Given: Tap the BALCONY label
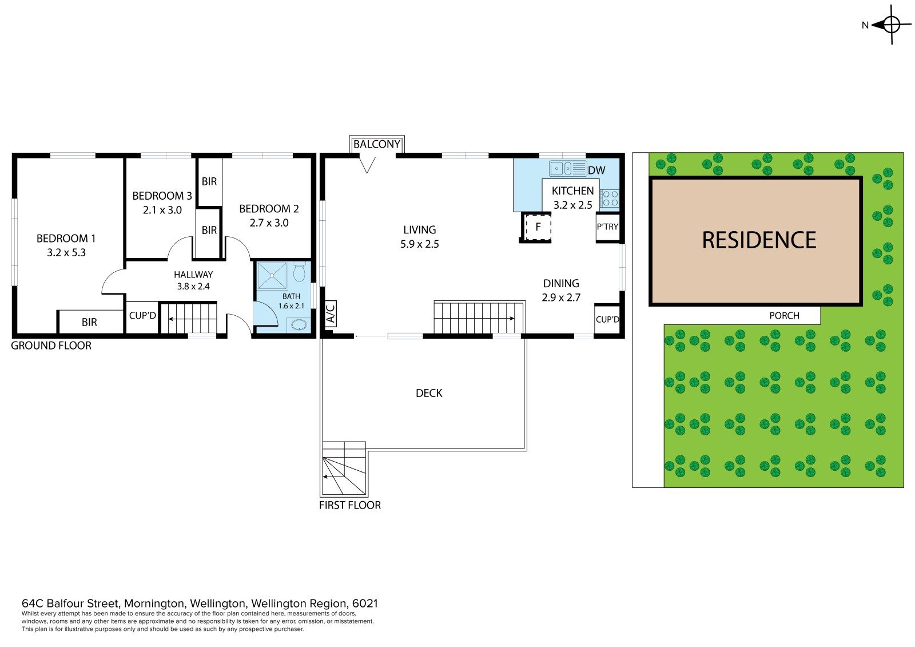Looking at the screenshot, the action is (377, 144).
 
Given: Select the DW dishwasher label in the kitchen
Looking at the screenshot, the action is (596, 170).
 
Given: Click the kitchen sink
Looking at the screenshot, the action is (568, 168).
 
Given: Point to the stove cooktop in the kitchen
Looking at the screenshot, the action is (610, 199).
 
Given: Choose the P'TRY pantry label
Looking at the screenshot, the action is (607, 227).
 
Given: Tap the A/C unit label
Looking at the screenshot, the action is (331, 314).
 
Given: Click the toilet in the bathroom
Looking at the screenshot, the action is (299, 272).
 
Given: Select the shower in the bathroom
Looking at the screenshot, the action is (272, 276).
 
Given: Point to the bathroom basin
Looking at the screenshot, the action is (299, 325).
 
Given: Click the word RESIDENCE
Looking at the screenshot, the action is (759, 240).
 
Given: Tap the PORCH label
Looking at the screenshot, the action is (784, 316).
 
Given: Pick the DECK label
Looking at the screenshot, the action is (429, 393).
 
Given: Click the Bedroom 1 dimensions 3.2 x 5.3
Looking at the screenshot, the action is (66, 253).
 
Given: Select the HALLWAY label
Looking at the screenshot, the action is (193, 275).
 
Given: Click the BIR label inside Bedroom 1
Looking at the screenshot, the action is (89, 323).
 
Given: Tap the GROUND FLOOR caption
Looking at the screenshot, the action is (51, 346).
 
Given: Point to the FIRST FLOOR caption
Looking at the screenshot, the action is (349, 505).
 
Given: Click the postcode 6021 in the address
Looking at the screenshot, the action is (365, 604).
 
